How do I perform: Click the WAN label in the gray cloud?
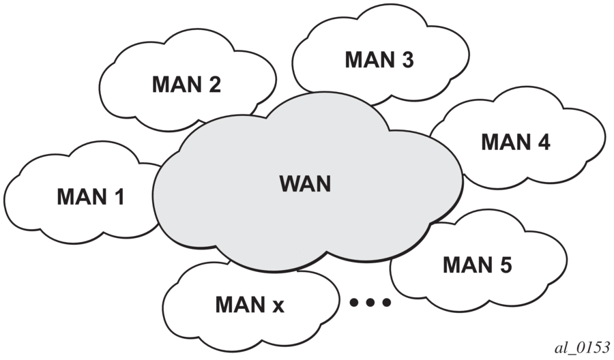click(305, 183)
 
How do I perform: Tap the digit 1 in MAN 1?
click(119, 197)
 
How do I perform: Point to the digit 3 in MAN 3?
click(407, 59)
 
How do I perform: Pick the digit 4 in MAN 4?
click(543, 142)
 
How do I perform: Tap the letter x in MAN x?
click(278, 305)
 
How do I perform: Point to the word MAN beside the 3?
click(368, 59)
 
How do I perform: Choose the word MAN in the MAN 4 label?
click(505, 142)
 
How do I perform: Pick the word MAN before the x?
click(239, 305)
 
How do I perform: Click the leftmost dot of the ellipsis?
click(355, 302)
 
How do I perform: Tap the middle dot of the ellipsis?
click(370, 302)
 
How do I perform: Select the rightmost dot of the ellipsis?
click(387, 302)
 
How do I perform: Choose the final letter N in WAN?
click(323, 183)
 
